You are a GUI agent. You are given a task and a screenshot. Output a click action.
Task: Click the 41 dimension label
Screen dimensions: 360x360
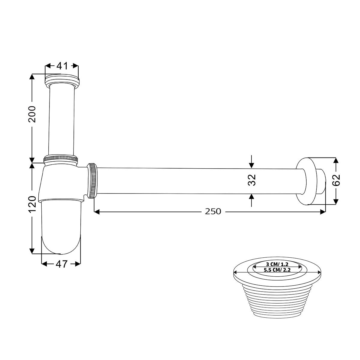[62, 66]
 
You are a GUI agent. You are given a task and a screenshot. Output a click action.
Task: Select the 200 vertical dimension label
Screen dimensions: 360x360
[32, 114]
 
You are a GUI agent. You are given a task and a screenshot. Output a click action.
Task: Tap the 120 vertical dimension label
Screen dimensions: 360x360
[32, 204]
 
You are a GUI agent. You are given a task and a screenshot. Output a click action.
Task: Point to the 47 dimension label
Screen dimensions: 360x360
[61, 264]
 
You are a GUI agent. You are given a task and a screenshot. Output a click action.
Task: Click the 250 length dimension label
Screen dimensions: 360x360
[213, 211]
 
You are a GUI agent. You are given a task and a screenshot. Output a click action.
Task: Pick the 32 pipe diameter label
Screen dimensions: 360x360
[252, 180]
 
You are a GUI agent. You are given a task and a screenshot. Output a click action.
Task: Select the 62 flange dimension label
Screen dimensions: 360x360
[336, 180]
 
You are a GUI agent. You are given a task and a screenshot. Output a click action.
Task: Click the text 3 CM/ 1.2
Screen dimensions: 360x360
[277, 264]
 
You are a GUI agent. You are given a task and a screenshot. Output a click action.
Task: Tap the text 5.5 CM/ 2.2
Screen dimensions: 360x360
[277, 270]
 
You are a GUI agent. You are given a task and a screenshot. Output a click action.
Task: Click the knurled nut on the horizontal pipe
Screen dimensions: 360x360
[92, 181]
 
